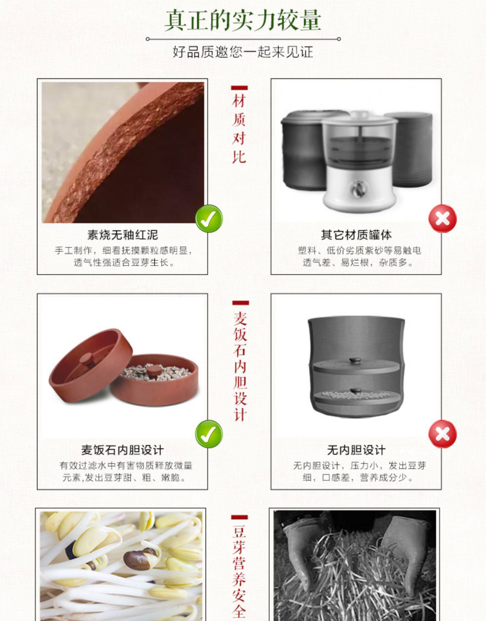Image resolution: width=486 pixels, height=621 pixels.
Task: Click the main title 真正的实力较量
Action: (x=243, y=20)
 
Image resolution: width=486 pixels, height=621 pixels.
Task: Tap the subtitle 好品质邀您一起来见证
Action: (x=243, y=52)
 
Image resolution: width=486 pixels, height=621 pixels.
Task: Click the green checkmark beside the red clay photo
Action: (x=209, y=219)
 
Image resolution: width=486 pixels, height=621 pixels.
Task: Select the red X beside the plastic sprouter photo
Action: (x=443, y=219)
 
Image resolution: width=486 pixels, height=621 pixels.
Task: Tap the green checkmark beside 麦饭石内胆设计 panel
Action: (x=209, y=434)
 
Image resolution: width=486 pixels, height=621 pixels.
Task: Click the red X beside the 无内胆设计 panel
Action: (x=443, y=434)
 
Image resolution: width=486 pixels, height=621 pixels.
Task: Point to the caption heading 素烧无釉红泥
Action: (x=122, y=235)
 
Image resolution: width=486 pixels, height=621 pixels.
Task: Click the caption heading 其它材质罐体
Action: (x=356, y=235)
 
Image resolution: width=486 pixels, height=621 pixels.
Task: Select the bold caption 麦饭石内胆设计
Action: (x=122, y=450)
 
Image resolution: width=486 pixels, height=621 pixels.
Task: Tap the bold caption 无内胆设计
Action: (x=356, y=450)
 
